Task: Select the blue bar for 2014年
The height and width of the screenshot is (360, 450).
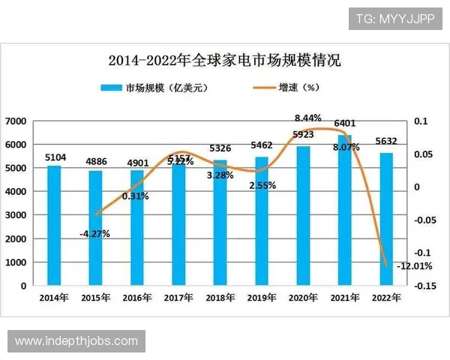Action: (x=55, y=225)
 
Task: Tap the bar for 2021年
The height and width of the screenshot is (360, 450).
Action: (x=344, y=210)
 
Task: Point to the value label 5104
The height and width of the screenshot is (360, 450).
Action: (x=55, y=157)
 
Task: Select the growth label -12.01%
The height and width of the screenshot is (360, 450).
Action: (x=412, y=265)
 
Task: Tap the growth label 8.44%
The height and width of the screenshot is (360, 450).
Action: (x=307, y=118)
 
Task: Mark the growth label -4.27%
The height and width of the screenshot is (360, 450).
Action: (x=94, y=233)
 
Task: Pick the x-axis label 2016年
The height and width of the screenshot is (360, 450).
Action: (x=137, y=298)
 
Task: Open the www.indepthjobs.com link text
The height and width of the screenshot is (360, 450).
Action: (x=76, y=341)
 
